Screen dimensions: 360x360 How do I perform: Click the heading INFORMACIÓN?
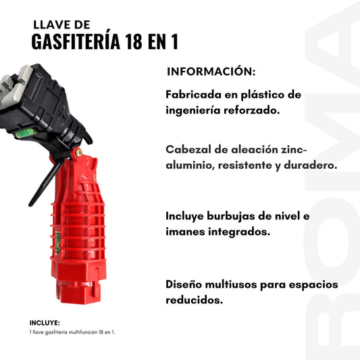[211, 72]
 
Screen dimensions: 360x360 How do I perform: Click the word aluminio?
[188, 165]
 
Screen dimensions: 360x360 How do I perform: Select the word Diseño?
[185, 284]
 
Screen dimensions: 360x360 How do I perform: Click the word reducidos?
[194, 300]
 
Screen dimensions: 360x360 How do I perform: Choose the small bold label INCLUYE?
[45, 323]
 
